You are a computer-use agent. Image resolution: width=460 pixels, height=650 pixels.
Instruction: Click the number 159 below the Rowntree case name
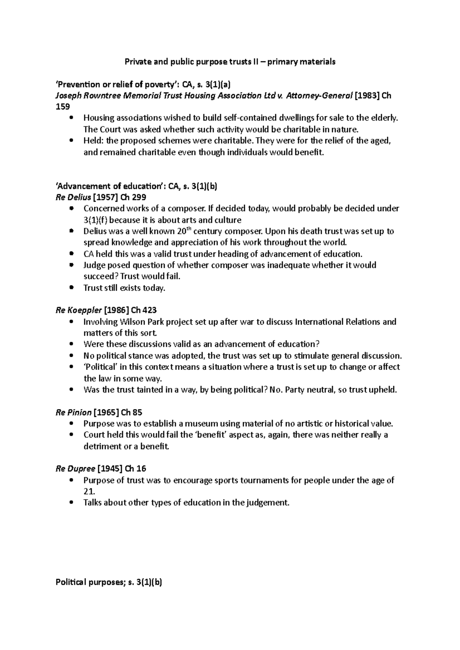coord(63,107)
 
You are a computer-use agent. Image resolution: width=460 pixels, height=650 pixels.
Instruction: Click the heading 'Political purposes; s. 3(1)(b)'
coord(109,583)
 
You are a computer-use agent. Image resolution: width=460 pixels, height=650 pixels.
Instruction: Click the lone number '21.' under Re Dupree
coord(89,492)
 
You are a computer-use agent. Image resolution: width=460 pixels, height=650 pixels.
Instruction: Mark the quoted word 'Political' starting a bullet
coord(100,367)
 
